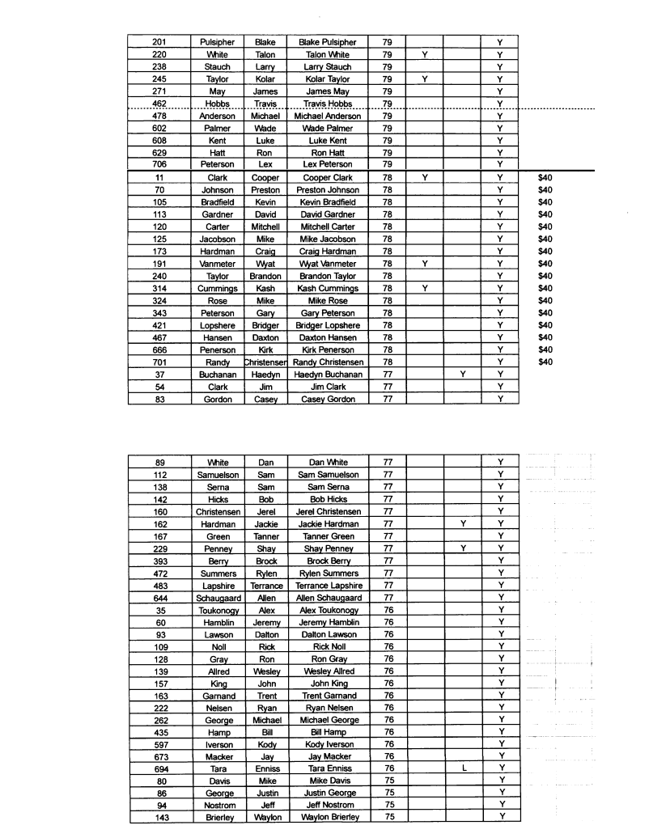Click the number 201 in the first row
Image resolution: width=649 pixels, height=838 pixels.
tap(159, 42)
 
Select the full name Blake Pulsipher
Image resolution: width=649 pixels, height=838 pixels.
tap(327, 42)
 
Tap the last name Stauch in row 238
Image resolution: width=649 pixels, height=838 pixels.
tap(217, 66)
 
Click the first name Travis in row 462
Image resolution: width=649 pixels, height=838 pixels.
tap(265, 104)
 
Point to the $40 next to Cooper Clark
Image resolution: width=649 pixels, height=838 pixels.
tap(545, 177)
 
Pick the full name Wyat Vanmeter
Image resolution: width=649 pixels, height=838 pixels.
tap(327, 264)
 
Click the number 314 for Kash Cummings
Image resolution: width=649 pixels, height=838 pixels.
tap(159, 289)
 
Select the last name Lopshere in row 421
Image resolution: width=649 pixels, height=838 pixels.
tap(217, 325)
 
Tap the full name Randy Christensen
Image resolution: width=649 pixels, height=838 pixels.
tap(327, 362)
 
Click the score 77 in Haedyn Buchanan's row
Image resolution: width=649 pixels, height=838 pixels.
tap(387, 375)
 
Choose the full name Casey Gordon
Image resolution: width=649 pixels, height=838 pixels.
tap(327, 400)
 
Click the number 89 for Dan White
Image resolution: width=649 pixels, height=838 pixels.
tap(159, 462)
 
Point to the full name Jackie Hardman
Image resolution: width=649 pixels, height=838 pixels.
tap(327, 524)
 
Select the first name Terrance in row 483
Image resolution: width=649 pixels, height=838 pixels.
tap(266, 586)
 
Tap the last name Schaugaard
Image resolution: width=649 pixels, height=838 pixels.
tap(217, 598)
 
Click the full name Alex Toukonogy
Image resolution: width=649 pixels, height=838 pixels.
tap(327, 610)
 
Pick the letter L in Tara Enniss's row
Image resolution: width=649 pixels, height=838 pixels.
tap(463, 768)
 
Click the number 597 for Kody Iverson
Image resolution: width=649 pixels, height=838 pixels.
tap(159, 743)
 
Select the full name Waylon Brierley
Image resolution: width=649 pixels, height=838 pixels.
tap(327, 817)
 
